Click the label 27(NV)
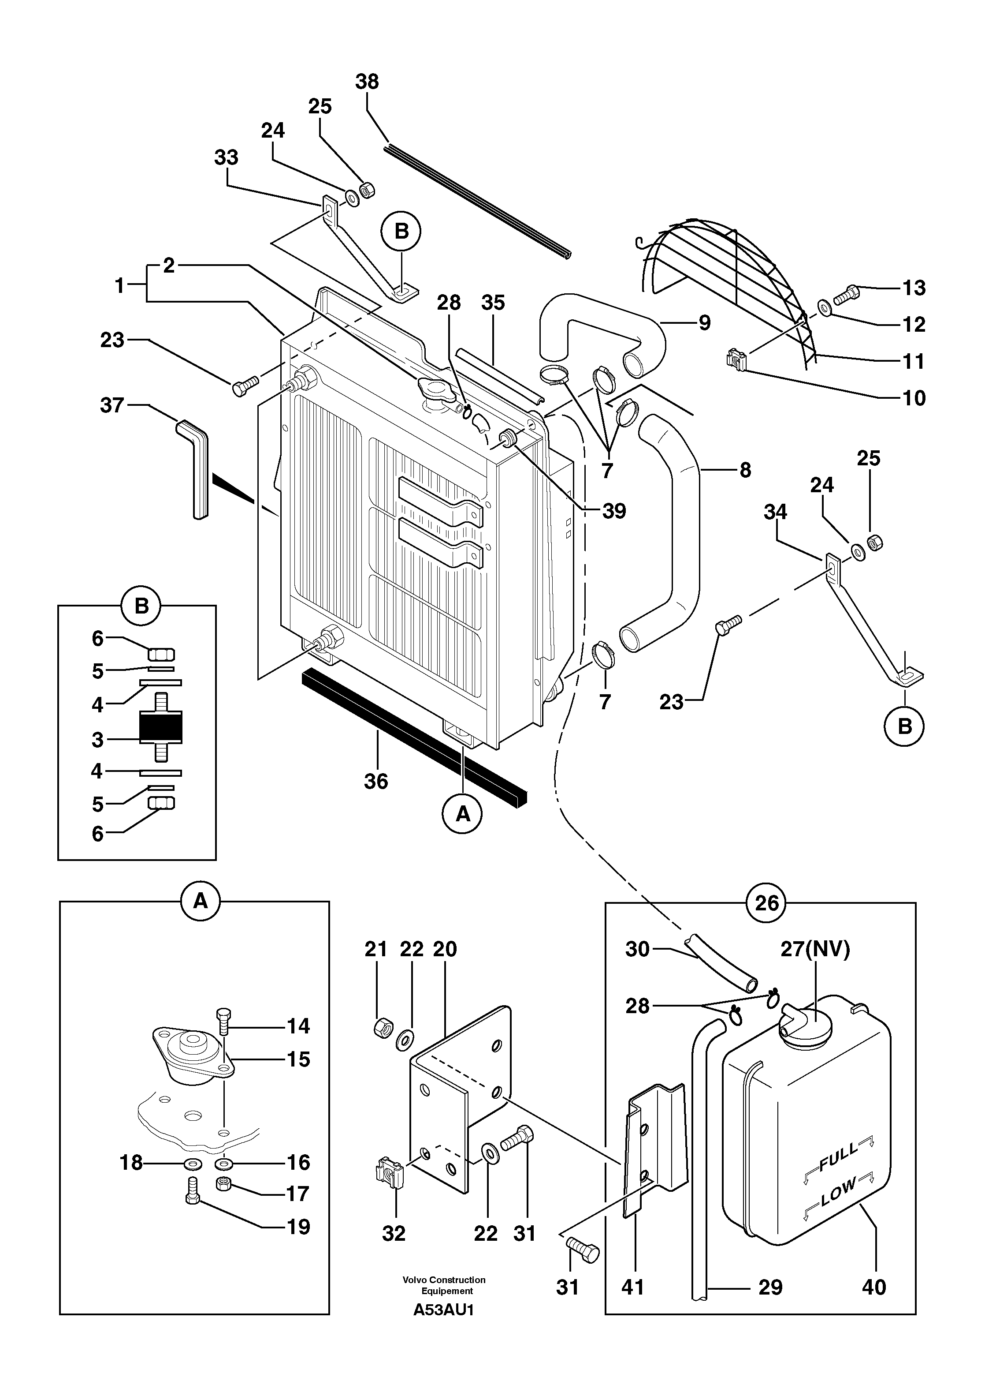[814, 949]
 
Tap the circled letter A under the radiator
[463, 814]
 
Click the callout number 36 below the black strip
[376, 781]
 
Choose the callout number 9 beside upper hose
[704, 323]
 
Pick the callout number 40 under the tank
[873, 1287]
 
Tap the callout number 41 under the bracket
[632, 1287]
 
